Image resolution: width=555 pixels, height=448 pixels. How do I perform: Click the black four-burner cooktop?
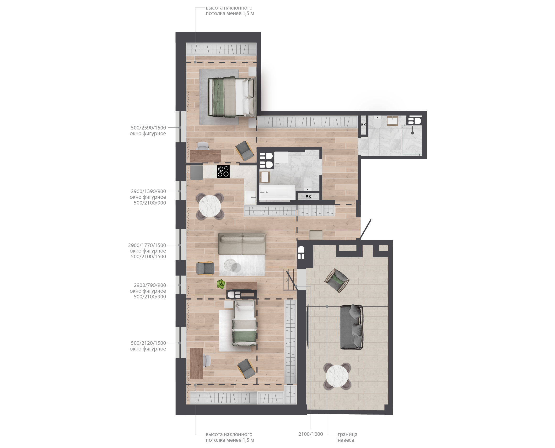[x=223, y=172]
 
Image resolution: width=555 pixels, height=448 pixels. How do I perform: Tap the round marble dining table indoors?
[x=210, y=206]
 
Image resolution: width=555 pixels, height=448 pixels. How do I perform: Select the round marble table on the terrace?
[x=337, y=376]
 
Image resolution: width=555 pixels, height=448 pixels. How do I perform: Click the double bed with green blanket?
[x=232, y=97]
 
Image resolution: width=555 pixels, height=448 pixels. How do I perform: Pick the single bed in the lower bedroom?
[x=244, y=323]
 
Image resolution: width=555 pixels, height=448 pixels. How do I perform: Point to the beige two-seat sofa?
[x=242, y=244]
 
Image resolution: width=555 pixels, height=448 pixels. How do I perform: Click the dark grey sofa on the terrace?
[x=351, y=327]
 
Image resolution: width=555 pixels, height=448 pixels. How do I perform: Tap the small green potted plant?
[x=221, y=284]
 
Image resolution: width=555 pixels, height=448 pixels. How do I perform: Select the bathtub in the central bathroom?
[x=277, y=192]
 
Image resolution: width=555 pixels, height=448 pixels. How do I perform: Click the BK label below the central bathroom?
[x=308, y=197]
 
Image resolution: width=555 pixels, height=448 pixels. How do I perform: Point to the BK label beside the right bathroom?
[x=363, y=125]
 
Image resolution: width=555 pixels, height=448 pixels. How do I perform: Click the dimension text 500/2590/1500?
[x=148, y=128]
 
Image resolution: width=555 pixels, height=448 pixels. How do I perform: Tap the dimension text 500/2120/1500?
[x=148, y=343]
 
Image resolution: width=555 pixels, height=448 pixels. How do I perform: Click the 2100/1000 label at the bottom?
[x=311, y=434]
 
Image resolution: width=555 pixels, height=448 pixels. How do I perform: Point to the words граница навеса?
[x=347, y=437]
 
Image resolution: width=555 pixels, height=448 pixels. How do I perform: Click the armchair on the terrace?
[x=337, y=281]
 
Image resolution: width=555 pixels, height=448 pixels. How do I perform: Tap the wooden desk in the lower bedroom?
[x=196, y=364]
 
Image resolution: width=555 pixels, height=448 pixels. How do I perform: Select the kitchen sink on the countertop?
[x=250, y=197]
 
